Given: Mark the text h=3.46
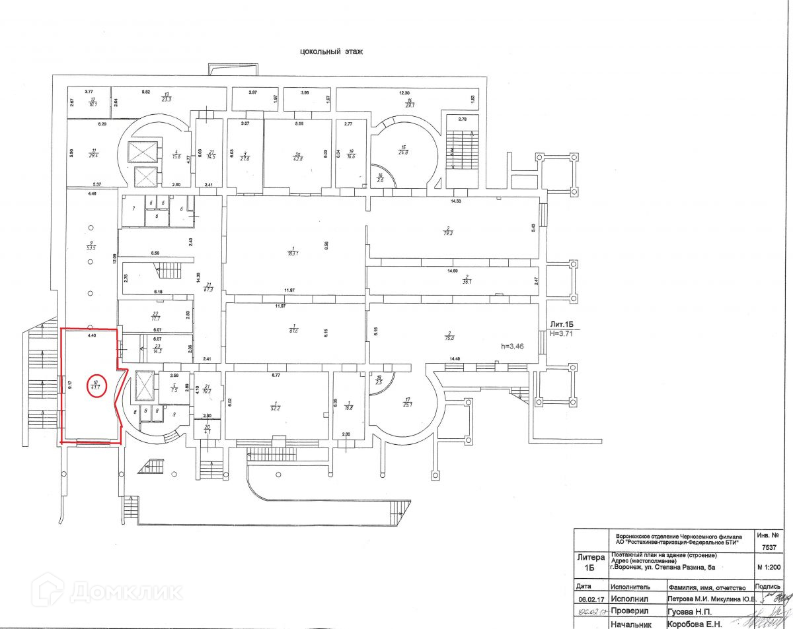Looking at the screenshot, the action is (512, 345).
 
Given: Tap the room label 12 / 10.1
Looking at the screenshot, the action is (93, 101).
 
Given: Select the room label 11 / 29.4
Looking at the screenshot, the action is (94, 153).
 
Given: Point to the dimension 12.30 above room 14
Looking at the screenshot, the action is (404, 93).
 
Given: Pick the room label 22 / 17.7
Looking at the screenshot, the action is (155, 315).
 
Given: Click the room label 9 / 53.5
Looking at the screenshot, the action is (91, 246).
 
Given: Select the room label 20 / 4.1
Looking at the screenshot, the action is (207, 429).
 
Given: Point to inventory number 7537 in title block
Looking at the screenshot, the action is (769, 547).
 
